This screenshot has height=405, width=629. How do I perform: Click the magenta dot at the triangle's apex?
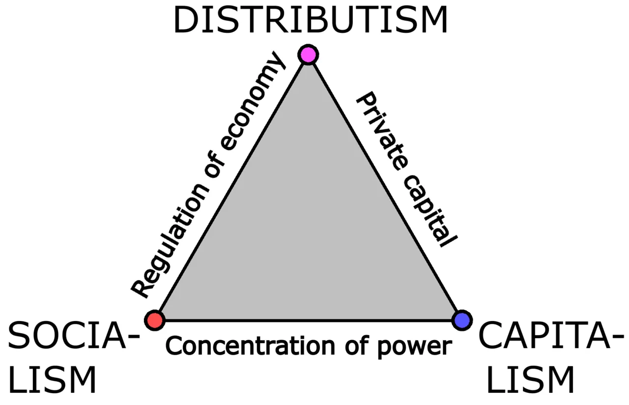pos(308,55)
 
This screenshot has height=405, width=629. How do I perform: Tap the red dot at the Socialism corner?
pos(155,320)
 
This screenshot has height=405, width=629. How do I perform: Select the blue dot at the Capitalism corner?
pos(462,320)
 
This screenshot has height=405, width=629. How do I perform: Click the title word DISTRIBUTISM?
pos(311,20)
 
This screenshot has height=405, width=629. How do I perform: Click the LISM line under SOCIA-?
pos(53,380)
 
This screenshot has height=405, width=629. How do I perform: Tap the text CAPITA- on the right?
pos(551,335)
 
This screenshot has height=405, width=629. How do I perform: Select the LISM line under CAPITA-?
pos(530,380)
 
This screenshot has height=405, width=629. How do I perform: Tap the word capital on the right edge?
pos(430,210)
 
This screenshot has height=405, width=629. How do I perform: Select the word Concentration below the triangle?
pos(250,346)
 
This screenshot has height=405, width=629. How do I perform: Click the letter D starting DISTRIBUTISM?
pos(186,20)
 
